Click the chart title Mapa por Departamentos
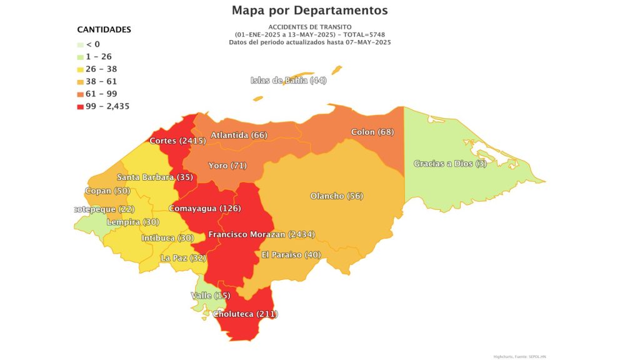(x=309, y=11)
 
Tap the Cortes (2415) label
(x=177, y=141)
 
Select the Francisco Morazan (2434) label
(x=261, y=234)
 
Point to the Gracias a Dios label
(x=450, y=164)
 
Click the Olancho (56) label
(x=337, y=196)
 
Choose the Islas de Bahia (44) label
(x=288, y=81)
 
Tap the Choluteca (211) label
(x=246, y=314)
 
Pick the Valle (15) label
(x=211, y=296)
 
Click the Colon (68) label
(x=372, y=132)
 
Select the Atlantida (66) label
(x=239, y=136)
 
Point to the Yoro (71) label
(x=227, y=166)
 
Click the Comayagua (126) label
(x=205, y=208)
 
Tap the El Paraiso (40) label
(x=291, y=255)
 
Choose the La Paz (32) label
(x=183, y=257)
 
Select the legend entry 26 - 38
(x=101, y=69)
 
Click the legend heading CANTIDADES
(x=104, y=29)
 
